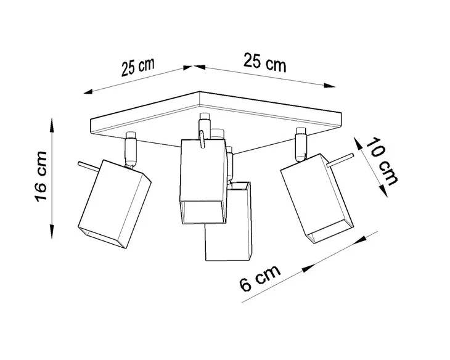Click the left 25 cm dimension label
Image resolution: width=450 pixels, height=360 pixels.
click(x=137, y=67)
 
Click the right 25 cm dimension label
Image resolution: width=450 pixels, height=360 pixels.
click(x=265, y=62)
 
